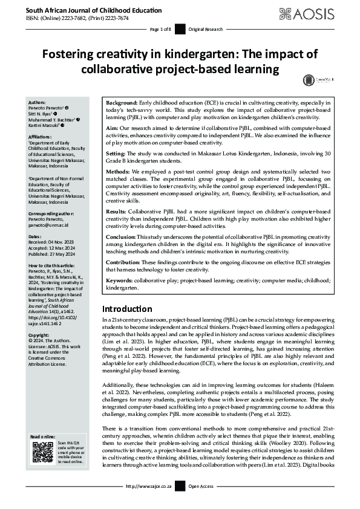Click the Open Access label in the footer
[201, 486]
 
